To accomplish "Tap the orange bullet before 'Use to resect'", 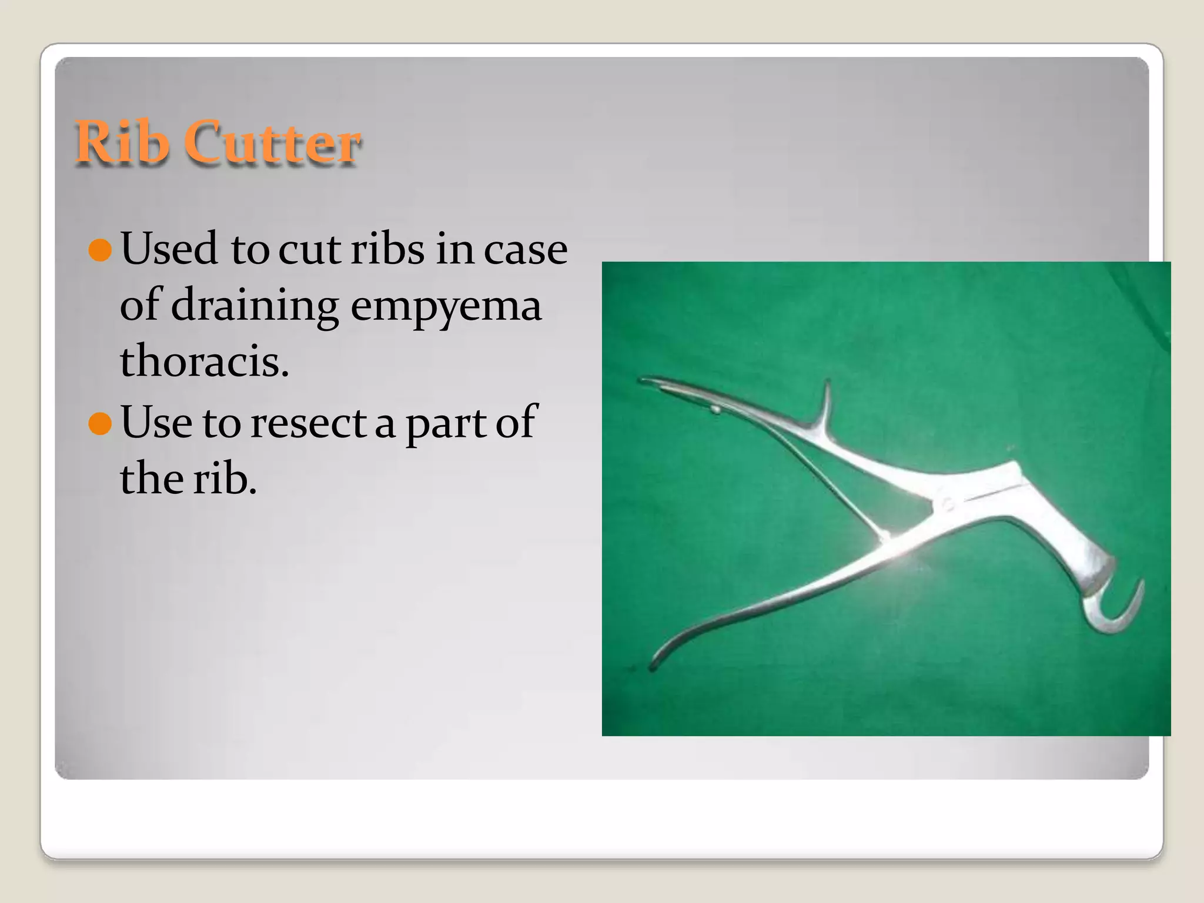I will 100,423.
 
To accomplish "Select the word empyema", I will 446,306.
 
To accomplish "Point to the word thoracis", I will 204,361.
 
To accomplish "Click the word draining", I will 255,306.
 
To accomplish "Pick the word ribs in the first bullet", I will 387,249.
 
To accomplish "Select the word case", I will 526,249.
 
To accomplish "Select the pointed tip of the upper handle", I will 644,380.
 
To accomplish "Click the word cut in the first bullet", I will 309,249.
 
